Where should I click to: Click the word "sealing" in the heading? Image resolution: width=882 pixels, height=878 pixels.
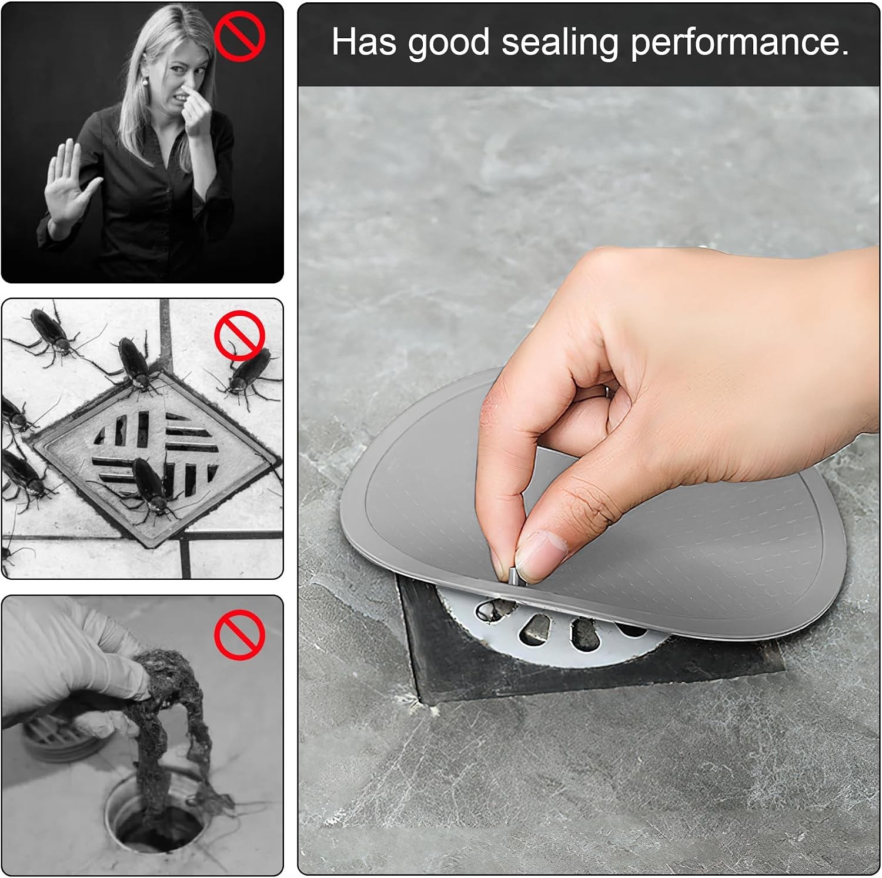click(559, 42)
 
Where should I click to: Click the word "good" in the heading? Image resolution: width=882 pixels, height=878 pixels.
click(449, 44)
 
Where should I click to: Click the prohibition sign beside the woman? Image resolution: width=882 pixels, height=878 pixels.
click(239, 36)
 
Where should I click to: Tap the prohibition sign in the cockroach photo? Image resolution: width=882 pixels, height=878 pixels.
click(239, 335)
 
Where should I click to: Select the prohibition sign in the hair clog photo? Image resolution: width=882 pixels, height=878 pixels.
click(239, 634)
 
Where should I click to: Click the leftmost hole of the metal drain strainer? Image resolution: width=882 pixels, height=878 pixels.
click(489, 610)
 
